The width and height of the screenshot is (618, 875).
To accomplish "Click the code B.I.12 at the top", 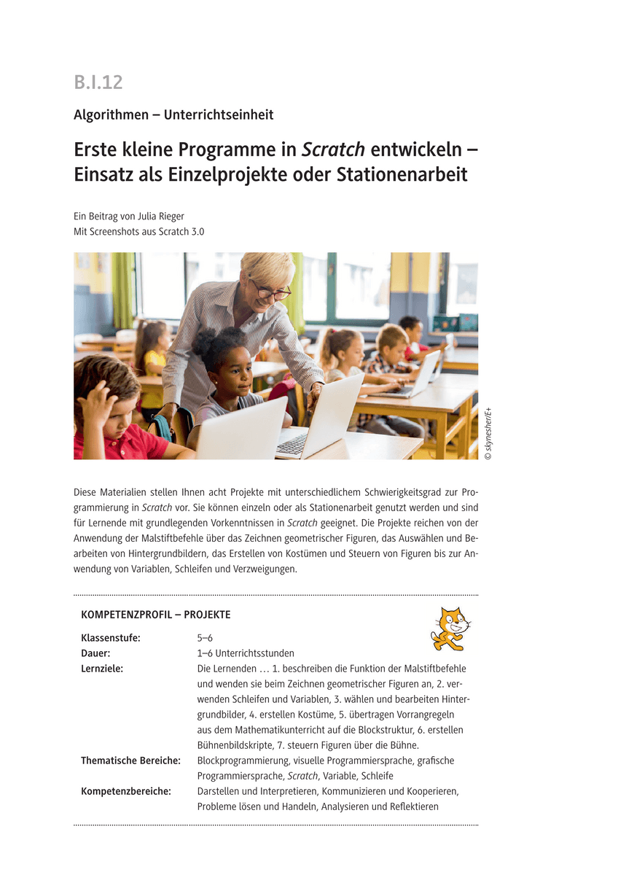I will click(98, 82).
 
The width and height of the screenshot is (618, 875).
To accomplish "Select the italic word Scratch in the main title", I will click(333, 149).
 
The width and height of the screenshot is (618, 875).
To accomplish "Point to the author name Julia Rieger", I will click(161, 216).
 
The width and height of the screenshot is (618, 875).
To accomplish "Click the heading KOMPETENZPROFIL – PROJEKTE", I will click(156, 615).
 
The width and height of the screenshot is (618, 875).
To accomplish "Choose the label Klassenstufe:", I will click(111, 638).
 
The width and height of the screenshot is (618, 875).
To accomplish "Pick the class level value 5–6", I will click(205, 638).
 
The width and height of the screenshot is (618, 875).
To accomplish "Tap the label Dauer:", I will click(95, 653).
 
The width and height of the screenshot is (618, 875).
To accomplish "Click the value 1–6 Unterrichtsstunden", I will click(246, 653).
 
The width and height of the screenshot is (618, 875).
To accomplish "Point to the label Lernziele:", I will click(102, 669).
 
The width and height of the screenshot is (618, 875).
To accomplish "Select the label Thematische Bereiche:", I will click(130, 761).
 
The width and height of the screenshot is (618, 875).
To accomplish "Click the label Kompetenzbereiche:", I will click(126, 791).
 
